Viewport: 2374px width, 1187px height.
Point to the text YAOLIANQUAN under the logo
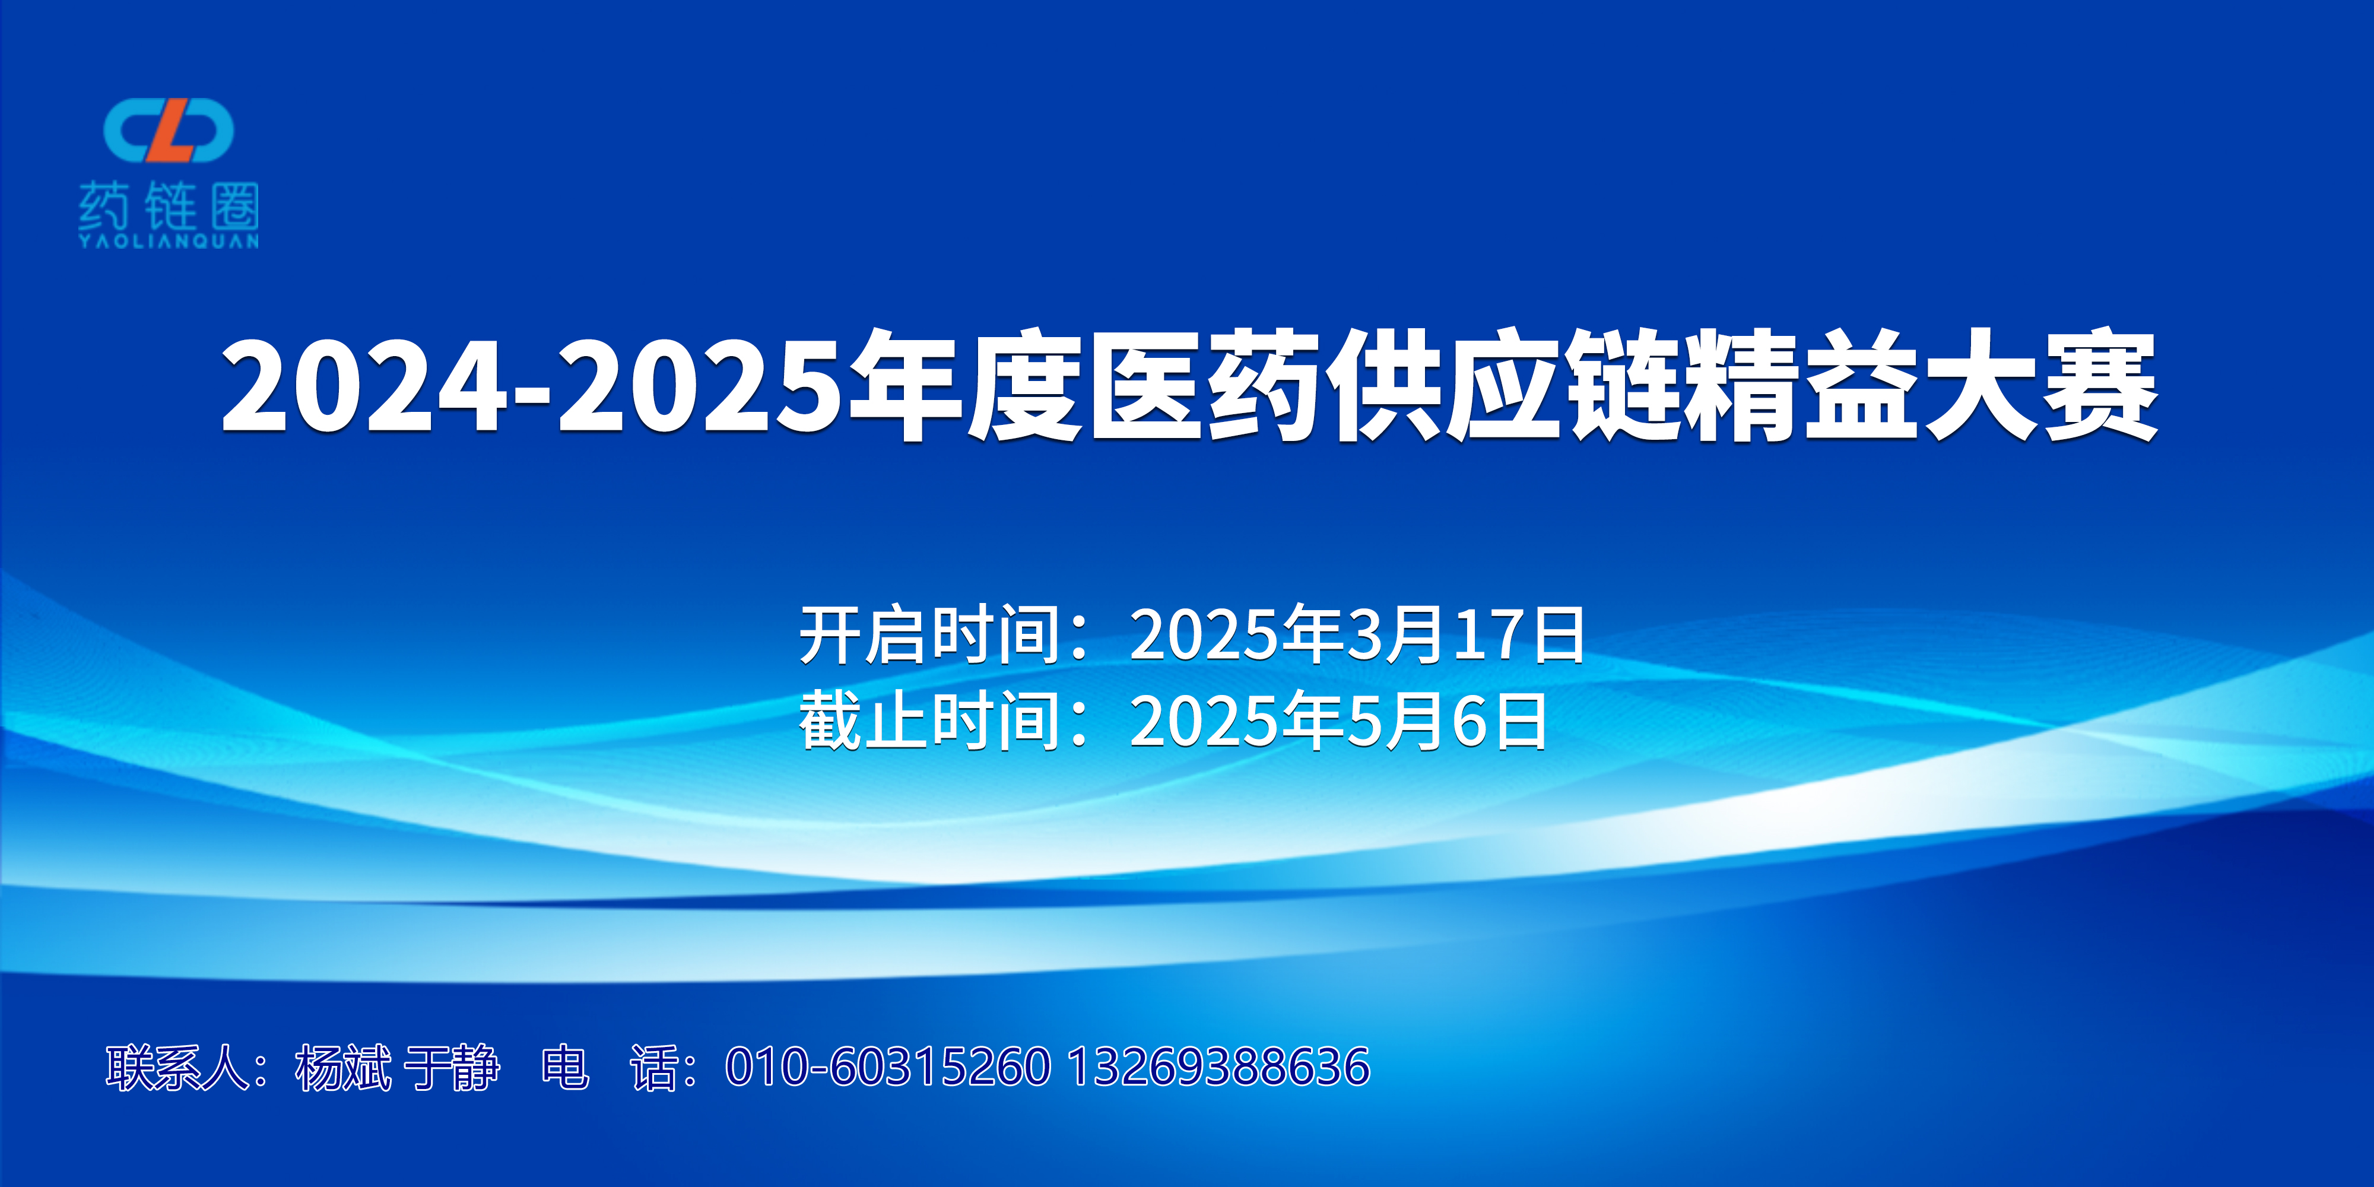(169, 242)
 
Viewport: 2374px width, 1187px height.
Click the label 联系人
(176, 1067)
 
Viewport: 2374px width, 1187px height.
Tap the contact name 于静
(452, 1067)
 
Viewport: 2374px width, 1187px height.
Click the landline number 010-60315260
(887, 1067)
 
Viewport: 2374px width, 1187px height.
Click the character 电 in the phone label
(565, 1067)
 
